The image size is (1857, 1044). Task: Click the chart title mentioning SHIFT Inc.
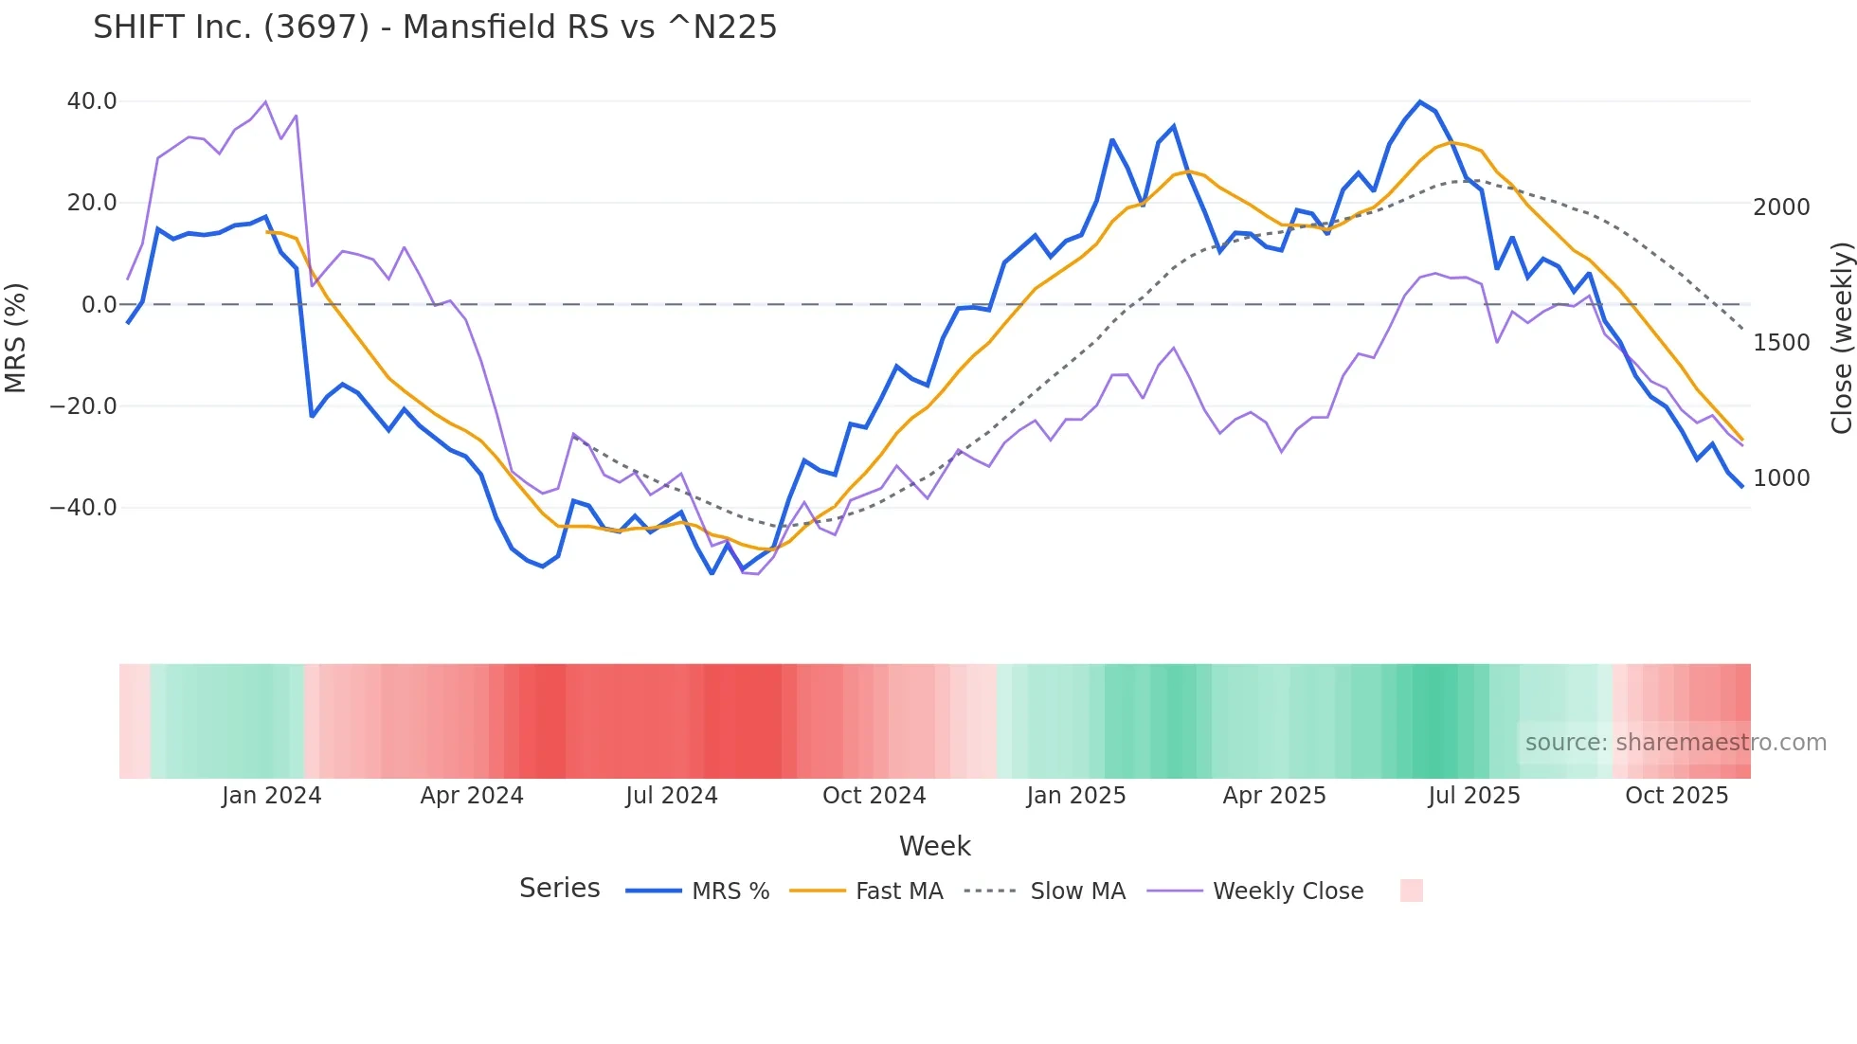click(x=435, y=27)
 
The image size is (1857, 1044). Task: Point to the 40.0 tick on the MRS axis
click(x=92, y=101)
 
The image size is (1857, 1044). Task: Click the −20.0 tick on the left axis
click(x=83, y=406)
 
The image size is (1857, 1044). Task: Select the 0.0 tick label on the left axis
click(x=99, y=305)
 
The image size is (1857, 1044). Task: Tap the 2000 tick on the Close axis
click(x=1781, y=207)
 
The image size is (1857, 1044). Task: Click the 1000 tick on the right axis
click(x=1781, y=478)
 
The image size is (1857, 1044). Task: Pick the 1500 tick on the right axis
click(x=1781, y=343)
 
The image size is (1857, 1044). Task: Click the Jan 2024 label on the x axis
click(x=272, y=796)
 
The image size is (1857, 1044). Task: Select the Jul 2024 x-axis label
click(x=672, y=796)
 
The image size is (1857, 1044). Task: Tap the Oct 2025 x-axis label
click(x=1677, y=796)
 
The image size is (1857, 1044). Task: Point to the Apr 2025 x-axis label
click(x=1274, y=796)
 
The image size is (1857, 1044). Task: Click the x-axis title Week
click(x=934, y=846)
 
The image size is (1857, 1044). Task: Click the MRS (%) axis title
click(x=16, y=338)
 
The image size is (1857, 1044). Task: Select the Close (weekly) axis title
click(x=1841, y=338)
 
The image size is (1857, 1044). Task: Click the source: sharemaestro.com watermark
click(x=1675, y=743)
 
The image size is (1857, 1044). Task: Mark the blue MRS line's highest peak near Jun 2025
click(x=1419, y=101)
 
